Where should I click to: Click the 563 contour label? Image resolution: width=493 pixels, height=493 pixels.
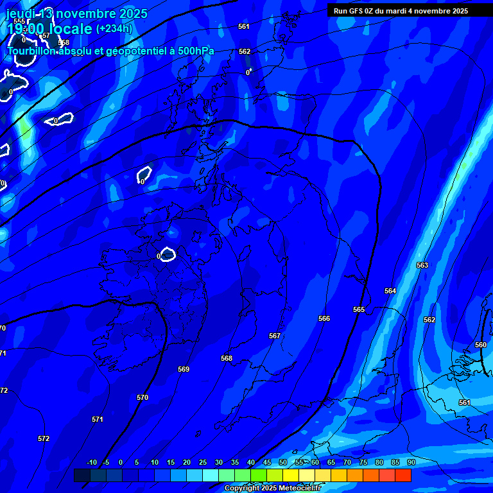422,265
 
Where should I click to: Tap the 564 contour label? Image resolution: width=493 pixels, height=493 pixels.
390,291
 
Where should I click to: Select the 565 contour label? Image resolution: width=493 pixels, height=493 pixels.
359,309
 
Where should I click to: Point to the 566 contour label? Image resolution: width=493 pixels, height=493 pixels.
324,318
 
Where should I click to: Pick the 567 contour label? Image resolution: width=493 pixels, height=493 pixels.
275,336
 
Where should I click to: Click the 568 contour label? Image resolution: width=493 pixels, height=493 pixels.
226,358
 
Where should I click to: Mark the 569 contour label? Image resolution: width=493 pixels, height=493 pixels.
184,369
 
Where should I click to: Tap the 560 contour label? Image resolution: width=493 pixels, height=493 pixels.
481,345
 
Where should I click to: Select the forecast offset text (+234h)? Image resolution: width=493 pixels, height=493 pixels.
114,28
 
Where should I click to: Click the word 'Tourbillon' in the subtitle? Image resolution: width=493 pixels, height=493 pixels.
31,51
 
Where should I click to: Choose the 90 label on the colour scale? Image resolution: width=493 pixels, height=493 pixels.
411,462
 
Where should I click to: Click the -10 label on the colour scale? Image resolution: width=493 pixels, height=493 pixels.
91,462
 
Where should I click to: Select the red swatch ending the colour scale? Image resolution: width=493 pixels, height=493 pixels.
403,475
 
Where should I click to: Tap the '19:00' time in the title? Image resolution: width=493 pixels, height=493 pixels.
26,29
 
